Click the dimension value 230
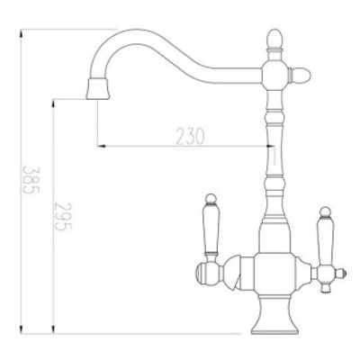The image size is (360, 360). [190, 136]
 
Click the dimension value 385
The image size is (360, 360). [31, 180]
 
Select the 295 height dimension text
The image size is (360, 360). [63, 216]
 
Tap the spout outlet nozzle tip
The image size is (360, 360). [97, 88]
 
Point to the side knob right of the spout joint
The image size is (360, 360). [300, 75]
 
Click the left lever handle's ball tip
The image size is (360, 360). [211, 198]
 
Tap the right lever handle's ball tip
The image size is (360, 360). [324, 211]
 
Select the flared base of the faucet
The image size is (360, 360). [274, 319]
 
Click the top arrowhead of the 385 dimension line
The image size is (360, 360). [21, 32]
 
